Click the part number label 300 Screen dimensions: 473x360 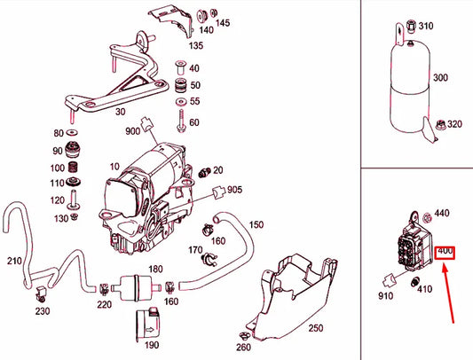440,77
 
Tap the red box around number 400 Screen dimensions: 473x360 445,253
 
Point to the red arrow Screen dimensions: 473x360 448,293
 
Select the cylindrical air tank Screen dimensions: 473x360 411,87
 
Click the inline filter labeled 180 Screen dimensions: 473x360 134,287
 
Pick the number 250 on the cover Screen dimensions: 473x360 316,328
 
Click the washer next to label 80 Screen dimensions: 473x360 73,132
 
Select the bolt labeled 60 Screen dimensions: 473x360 181,121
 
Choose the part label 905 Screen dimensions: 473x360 234,190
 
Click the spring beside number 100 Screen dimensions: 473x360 73,167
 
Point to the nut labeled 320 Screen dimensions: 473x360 440,123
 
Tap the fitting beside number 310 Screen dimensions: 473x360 411,26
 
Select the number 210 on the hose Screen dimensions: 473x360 14,261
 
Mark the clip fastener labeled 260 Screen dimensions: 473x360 243,335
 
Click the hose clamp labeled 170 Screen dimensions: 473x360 209,259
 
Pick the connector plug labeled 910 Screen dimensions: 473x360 389,280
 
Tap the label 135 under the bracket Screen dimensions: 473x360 196,45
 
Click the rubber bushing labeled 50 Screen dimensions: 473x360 181,86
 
